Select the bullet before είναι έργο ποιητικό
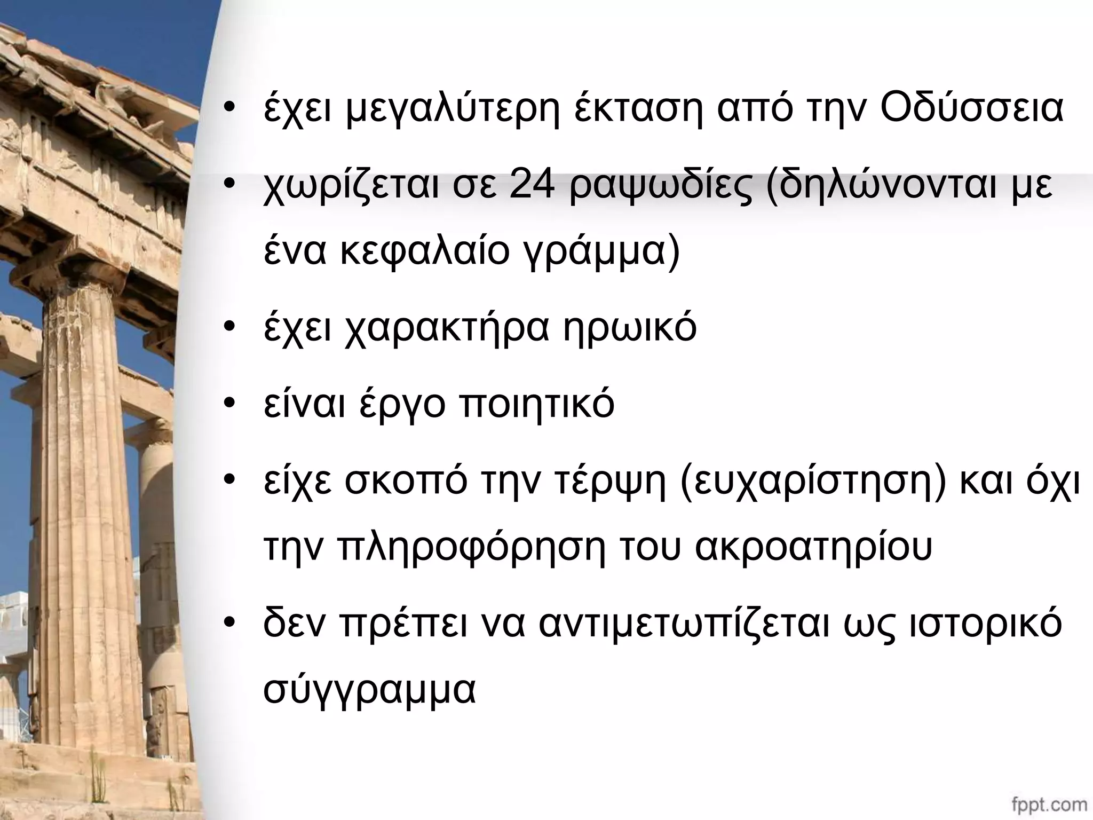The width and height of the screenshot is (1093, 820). point(230,405)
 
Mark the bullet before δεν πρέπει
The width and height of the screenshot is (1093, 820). point(230,624)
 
